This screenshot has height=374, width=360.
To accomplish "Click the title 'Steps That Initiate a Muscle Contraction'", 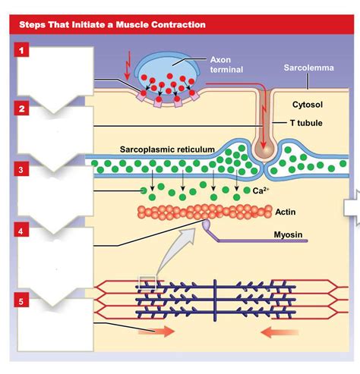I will [112, 24].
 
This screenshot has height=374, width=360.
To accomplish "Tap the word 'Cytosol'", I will [308, 104].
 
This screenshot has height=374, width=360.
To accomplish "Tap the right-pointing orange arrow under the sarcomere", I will [156, 332].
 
